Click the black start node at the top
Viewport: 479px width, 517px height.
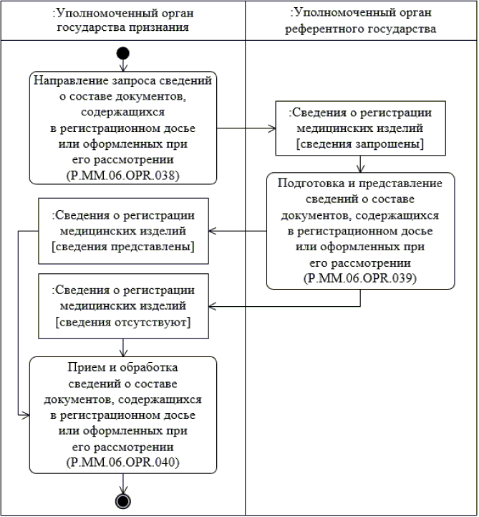click(123, 53)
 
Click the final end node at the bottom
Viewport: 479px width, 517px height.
click(123, 500)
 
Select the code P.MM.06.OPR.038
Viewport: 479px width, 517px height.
click(123, 174)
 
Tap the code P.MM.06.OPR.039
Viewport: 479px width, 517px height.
click(361, 276)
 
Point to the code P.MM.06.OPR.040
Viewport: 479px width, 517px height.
click(123, 463)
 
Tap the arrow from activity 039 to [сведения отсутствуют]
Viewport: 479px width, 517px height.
click(286, 307)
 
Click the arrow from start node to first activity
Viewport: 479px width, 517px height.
click(123, 65)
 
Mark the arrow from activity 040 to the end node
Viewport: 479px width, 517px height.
click(123, 484)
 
